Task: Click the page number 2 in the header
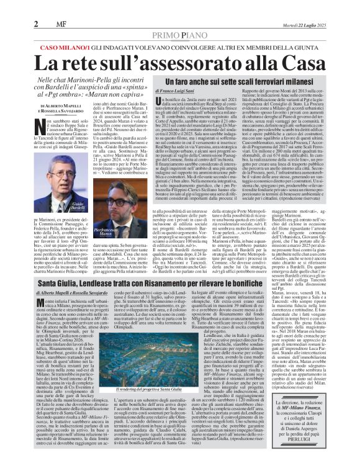click(37, 7)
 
